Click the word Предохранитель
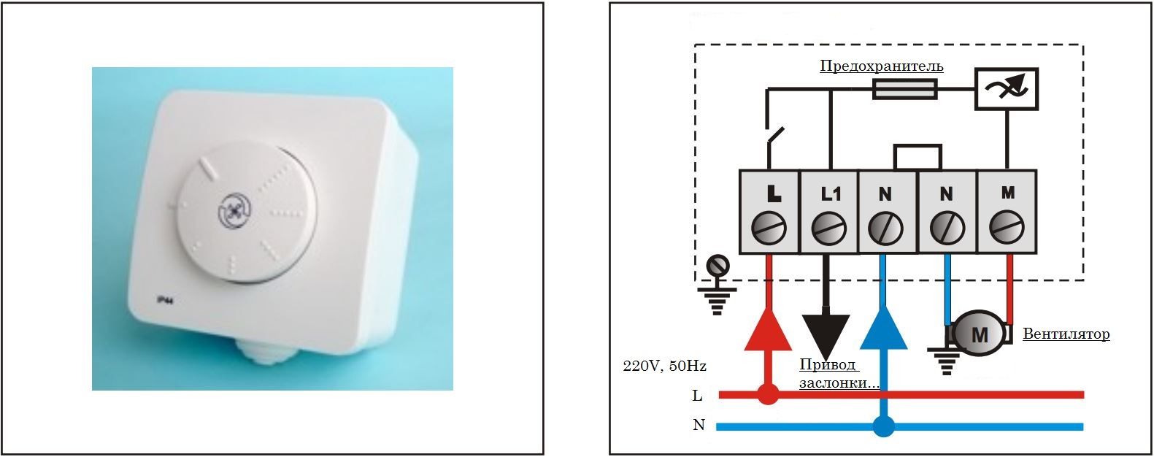(x=882, y=66)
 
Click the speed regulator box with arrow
(x=1006, y=88)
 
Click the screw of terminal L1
(x=828, y=227)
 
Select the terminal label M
(x=1008, y=193)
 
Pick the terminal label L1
(x=830, y=193)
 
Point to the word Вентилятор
(x=1066, y=334)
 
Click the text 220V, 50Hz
(x=664, y=366)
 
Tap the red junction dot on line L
(x=768, y=394)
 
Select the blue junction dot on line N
(x=884, y=426)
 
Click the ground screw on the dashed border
(x=718, y=265)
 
